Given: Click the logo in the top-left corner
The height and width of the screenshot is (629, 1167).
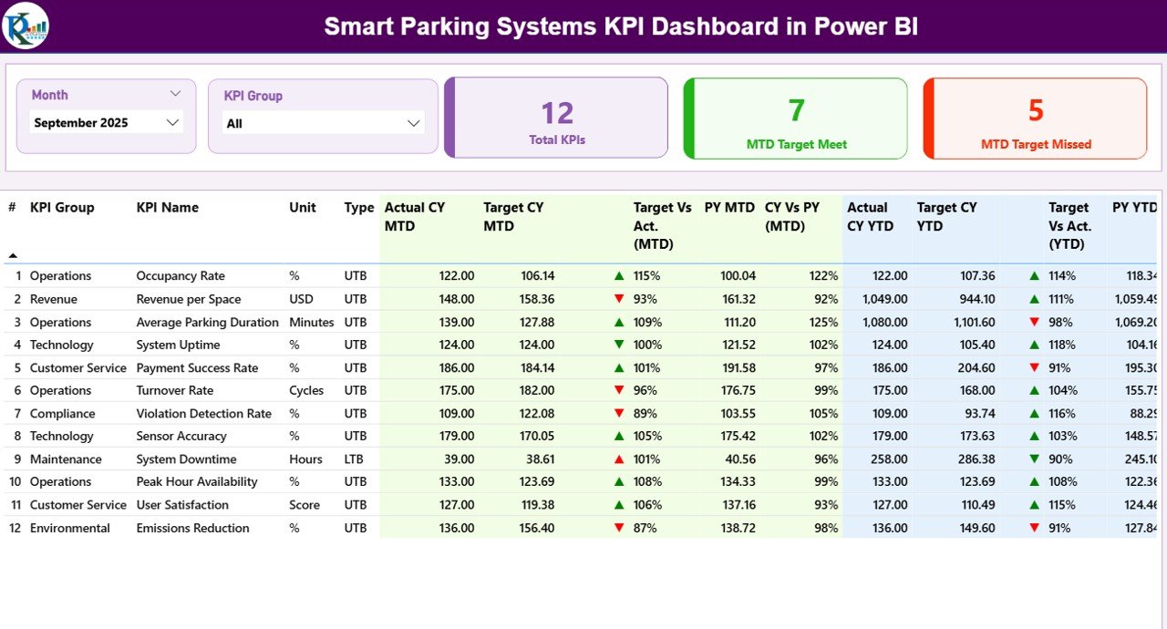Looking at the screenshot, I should pos(26,26).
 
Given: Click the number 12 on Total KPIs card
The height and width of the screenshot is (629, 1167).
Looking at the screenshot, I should pos(557,113).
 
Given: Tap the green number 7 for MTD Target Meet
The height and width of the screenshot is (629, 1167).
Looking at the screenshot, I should pos(796,110).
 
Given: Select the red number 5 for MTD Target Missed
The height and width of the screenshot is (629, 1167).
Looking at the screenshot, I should pos(1036,110).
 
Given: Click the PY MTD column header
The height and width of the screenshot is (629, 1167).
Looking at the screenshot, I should pos(729,208).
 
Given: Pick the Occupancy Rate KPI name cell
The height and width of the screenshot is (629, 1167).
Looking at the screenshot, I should pos(181,276).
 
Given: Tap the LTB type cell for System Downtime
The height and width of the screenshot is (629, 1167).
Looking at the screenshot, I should pos(356,459).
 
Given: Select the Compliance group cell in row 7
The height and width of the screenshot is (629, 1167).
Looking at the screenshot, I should pos(62,414).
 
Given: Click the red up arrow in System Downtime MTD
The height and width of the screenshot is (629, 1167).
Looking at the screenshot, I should pos(619,459).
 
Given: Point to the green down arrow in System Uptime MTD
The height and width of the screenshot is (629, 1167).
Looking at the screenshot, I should pos(619,345).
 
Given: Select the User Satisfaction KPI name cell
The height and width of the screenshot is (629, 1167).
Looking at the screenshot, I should pos(182,505).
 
